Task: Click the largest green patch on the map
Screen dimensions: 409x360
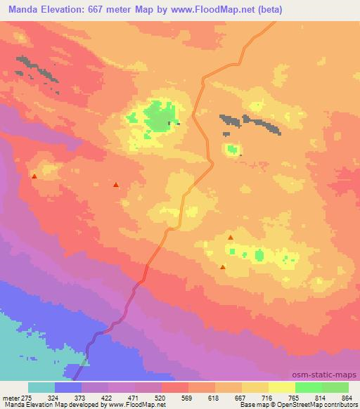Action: [160, 116]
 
